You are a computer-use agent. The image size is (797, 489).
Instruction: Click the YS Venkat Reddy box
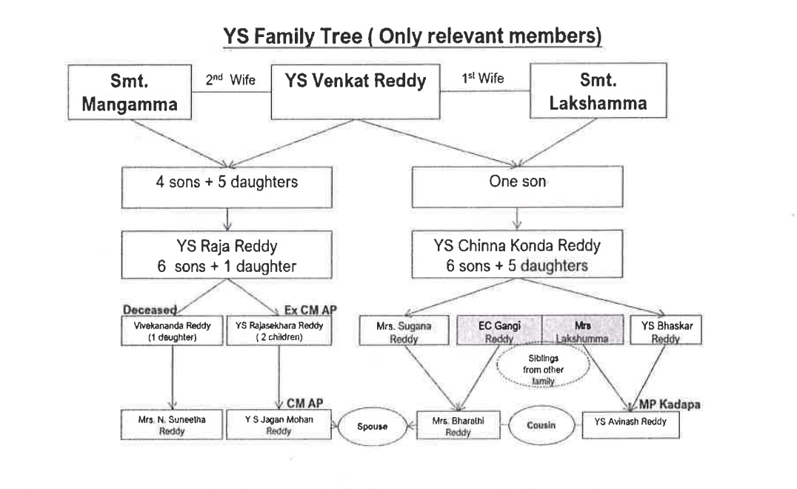tap(356, 92)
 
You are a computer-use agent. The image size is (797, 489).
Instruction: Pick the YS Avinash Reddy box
tap(631, 424)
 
